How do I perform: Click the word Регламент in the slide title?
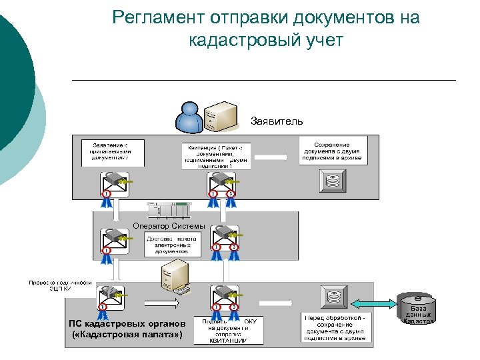click(159, 18)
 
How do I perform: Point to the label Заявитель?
click(276, 121)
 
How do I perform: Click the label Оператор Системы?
click(169, 226)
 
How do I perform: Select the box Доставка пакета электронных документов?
click(173, 245)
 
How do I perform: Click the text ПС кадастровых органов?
click(126, 323)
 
